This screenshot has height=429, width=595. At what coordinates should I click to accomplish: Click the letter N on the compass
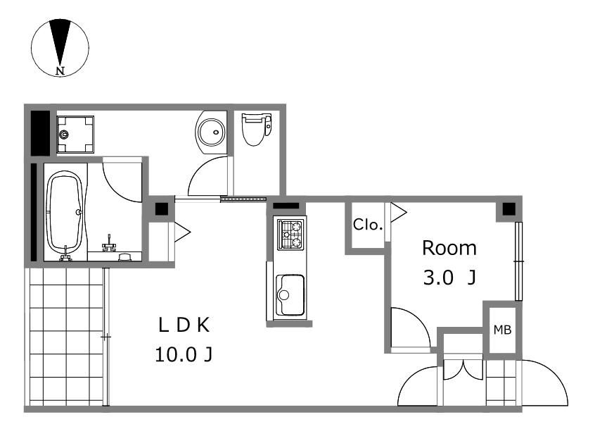click(x=60, y=70)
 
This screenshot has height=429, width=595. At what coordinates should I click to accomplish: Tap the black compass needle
click(x=60, y=40)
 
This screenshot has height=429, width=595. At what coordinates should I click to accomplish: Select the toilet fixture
click(x=257, y=129)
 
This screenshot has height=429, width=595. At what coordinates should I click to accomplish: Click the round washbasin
click(x=211, y=132)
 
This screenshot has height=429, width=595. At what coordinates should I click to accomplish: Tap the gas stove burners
click(x=291, y=234)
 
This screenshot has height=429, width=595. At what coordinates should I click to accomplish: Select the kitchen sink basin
click(x=290, y=295)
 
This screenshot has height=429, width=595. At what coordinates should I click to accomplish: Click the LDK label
click(x=184, y=325)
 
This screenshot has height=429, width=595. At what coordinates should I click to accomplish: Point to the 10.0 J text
click(x=184, y=355)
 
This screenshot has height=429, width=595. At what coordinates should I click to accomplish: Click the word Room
click(x=449, y=248)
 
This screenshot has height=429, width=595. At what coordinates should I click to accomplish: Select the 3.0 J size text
click(x=449, y=278)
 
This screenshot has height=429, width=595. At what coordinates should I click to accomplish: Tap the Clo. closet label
click(x=367, y=225)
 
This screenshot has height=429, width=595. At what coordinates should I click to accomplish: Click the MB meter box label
click(x=502, y=330)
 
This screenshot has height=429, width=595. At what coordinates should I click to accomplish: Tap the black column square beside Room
click(x=509, y=209)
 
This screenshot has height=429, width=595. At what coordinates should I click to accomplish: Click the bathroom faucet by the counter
click(x=109, y=244)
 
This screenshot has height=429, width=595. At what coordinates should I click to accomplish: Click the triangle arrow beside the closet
click(x=399, y=213)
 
